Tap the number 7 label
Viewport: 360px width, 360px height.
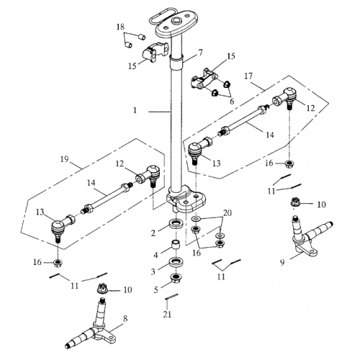point(199,53)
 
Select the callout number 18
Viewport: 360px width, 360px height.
point(121,27)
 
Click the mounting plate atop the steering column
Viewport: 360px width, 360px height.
point(175,21)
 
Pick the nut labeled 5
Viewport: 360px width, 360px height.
point(175,279)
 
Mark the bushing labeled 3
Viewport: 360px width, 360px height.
point(175,262)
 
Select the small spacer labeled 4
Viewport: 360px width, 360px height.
point(175,246)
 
